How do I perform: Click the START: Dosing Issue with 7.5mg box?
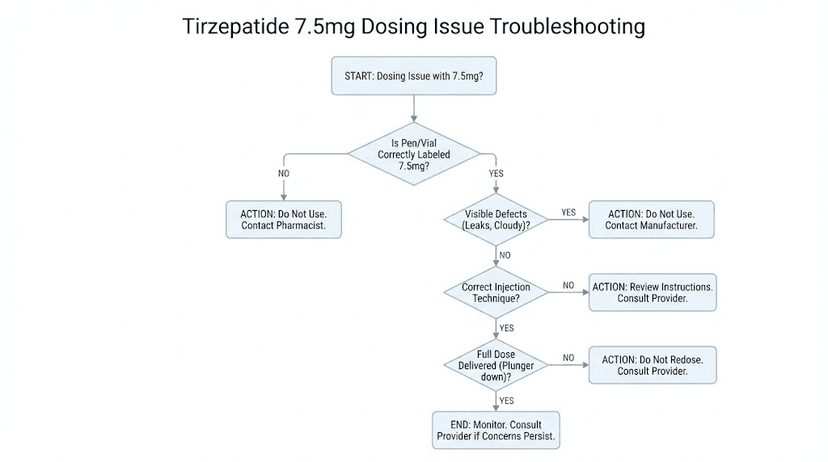414,77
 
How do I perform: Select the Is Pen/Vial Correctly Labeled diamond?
414,153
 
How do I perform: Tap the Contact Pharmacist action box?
283,219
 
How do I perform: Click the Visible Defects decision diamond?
496,220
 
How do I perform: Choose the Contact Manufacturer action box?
651,219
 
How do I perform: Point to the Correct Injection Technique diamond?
496,292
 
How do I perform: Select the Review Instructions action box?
652,292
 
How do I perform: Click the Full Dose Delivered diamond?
496,365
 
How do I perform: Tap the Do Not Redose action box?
652,365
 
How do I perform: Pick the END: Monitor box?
496,430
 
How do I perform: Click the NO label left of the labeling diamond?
284,174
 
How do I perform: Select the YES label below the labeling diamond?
496,174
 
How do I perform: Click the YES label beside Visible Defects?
568,212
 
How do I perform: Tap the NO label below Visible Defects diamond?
505,255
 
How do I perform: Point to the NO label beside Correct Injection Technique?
568,285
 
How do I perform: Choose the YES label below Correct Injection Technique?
506,329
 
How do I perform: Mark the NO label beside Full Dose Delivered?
568,358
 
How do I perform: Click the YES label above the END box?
506,401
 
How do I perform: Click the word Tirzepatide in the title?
230,27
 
